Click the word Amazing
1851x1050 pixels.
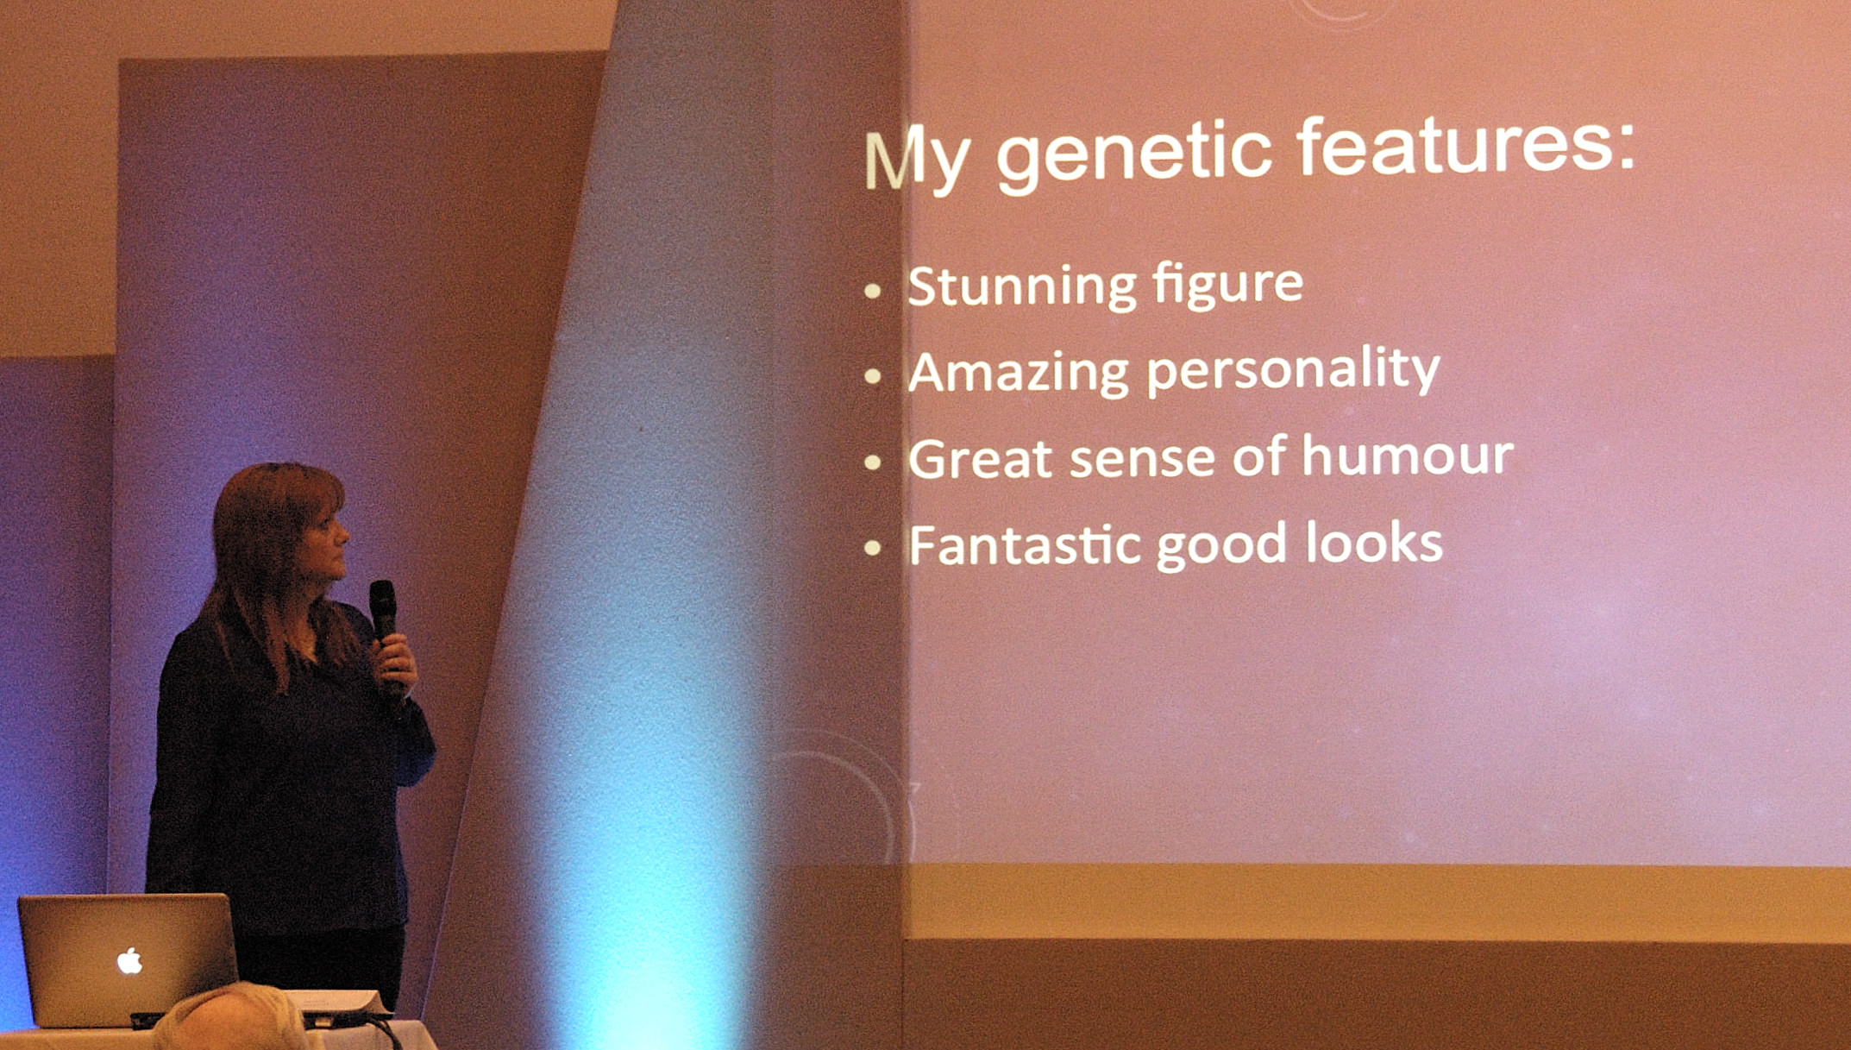pos(1019,374)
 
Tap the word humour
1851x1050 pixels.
pos(1408,456)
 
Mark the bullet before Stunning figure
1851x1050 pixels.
pos(872,291)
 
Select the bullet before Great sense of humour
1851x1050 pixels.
pos(872,462)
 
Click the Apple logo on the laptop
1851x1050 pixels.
pos(129,960)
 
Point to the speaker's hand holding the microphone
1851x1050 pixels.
pos(396,660)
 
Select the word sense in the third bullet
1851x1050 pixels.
pos(1142,459)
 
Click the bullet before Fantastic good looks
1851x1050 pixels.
pos(872,548)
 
